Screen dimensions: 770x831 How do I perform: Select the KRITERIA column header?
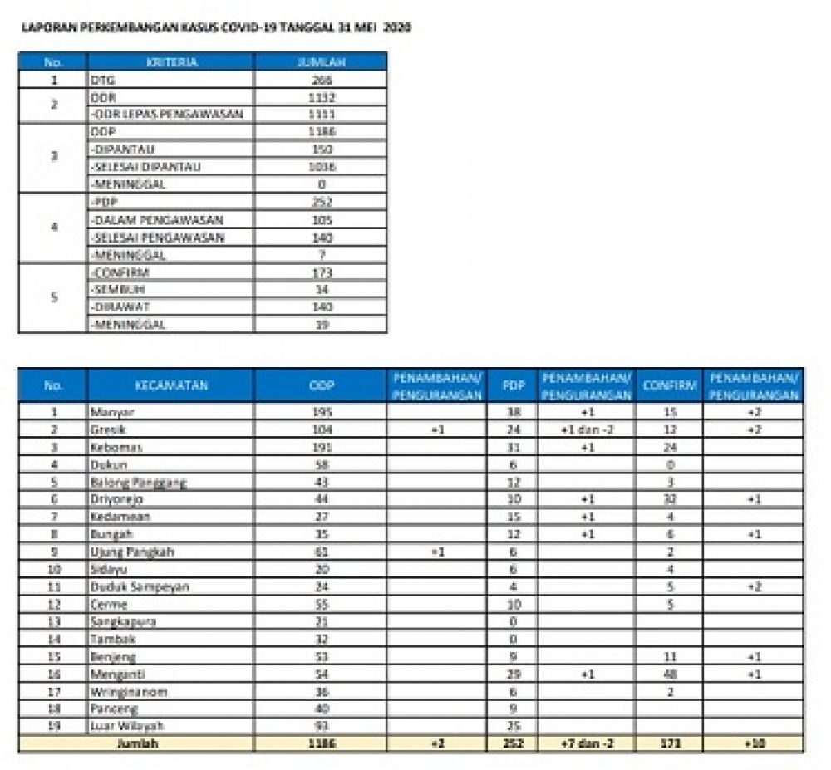[171, 62]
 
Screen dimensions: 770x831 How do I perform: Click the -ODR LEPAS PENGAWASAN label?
[166, 115]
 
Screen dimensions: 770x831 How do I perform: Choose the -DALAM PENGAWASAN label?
[158, 220]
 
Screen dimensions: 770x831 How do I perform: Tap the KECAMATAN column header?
[171, 385]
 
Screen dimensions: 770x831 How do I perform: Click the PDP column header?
[512, 385]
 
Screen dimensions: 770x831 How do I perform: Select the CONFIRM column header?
[669, 385]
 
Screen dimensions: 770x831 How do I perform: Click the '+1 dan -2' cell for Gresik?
[587, 429]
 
